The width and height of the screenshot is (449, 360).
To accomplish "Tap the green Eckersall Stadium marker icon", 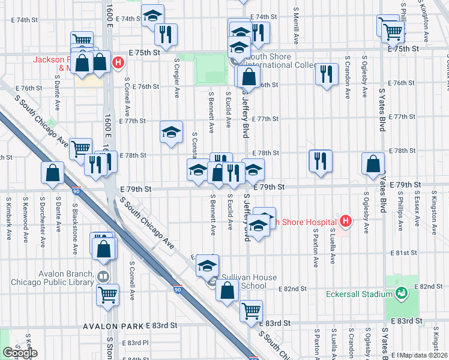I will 402,294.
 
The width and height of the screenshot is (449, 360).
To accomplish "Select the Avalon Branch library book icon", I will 103,277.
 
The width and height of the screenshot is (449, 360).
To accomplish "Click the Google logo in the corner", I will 19,353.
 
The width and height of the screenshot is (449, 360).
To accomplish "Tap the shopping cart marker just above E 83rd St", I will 250,311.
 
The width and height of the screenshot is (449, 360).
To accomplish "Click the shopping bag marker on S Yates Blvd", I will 373,163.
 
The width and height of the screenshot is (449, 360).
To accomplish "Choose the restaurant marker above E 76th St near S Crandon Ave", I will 326,74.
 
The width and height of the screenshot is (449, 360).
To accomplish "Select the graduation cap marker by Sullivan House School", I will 207,265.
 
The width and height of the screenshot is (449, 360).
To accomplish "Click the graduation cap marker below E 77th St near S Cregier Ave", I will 171,132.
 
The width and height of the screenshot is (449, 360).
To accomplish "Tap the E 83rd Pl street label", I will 134,343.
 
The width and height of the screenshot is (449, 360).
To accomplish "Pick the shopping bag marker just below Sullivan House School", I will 228,291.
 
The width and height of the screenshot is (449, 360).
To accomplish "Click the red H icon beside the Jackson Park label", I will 119,62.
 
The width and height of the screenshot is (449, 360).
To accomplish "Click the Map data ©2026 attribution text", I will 424,355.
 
